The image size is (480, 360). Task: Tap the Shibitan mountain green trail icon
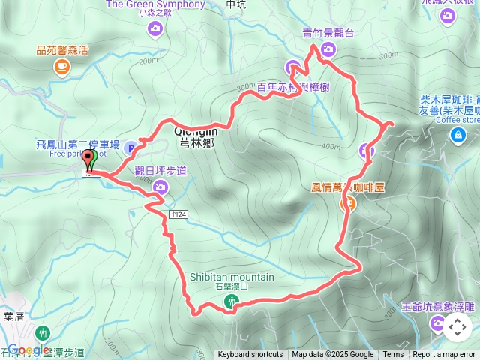click(232, 301)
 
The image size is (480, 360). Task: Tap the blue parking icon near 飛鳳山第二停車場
click(130, 148)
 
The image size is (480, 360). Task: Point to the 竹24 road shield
click(178, 214)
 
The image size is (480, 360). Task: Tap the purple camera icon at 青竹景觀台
click(328, 50)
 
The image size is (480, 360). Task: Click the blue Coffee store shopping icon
click(457, 134)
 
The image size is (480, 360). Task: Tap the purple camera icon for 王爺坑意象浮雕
click(437, 323)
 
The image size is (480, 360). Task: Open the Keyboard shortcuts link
click(250, 355)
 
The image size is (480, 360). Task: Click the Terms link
click(393, 355)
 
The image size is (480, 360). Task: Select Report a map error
click(444, 355)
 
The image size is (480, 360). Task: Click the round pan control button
click(457, 327)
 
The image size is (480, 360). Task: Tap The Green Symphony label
click(155, 4)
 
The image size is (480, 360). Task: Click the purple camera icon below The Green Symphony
click(155, 28)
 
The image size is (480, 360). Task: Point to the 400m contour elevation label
click(330, 146)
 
